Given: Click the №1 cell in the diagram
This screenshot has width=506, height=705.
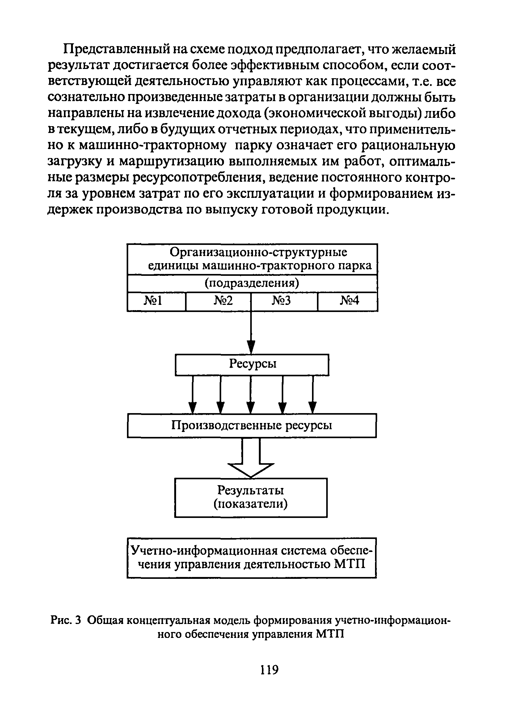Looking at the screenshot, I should click(x=156, y=301).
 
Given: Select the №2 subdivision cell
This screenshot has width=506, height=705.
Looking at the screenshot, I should click(x=218, y=301).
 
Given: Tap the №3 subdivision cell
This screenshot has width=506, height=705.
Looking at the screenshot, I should click(x=284, y=301).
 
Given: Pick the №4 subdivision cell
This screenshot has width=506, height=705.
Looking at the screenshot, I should click(x=347, y=301).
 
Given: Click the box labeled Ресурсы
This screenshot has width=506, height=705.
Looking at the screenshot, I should click(x=252, y=364).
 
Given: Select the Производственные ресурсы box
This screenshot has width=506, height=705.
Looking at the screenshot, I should click(x=251, y=425).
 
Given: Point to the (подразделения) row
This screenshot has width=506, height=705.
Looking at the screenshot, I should click(x=252, y=283).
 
